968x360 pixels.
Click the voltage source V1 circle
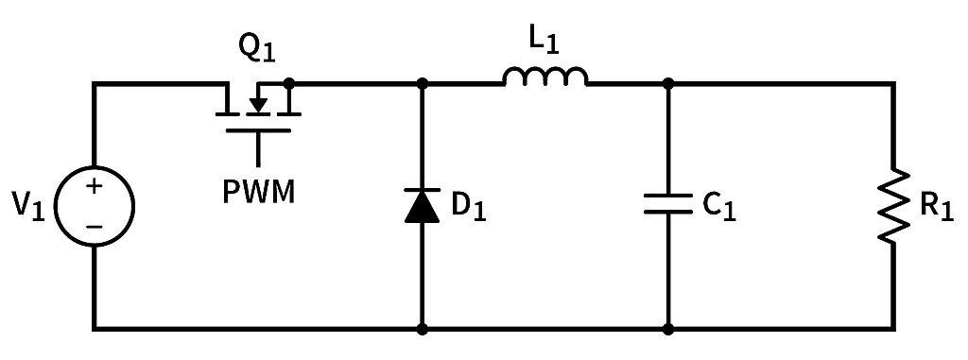(95, 206)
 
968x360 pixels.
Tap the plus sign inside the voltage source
(95, 187)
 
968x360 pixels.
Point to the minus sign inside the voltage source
(95, 226)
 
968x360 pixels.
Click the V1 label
(29, 207)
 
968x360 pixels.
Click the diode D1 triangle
(423, 205)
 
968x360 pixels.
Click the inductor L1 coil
(545, 77)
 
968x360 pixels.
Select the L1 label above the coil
(545, 41)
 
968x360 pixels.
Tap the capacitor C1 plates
(668, 205)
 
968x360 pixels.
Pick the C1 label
(719, 207)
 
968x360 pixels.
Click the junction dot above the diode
(423, 83)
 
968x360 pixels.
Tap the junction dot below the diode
(423, 329)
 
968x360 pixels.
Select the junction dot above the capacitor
(668, 83)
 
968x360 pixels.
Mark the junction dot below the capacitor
(668, 329)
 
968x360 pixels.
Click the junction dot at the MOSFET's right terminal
(288, 83)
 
